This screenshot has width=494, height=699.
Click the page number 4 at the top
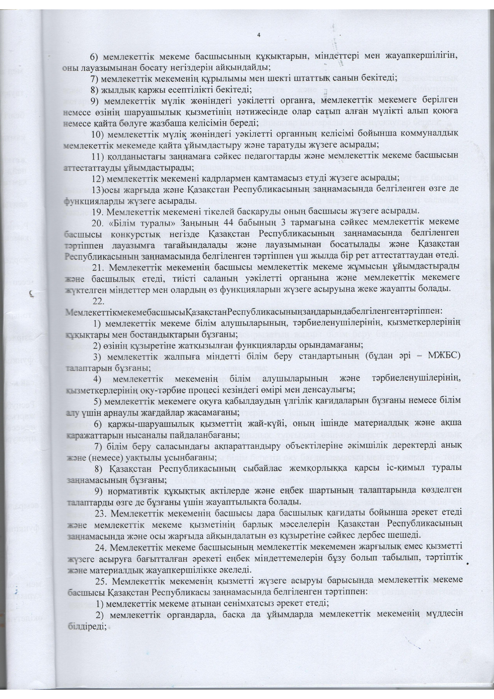pos(259,35)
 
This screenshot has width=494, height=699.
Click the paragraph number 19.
pos(97,211)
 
